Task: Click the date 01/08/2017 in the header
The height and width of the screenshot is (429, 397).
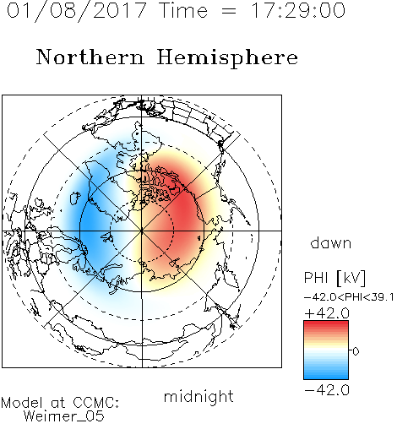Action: pos(77,11)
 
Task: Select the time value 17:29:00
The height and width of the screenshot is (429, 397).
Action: pos(297,10)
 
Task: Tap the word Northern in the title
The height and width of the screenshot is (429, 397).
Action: pos(90,57)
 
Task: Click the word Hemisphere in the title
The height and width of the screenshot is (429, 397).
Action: pos(227,58)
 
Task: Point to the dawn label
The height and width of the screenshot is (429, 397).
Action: pos(331,243)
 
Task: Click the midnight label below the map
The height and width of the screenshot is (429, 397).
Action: pos(198,397)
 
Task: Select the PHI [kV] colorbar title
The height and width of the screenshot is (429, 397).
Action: pos(334,278)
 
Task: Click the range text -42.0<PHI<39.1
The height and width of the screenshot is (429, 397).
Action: pos(349,297)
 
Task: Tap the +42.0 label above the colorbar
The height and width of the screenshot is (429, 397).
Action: pos(327,313)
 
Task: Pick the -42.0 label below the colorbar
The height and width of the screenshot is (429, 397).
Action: pos(327,390)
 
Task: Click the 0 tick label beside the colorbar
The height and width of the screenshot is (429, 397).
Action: pos(356,351)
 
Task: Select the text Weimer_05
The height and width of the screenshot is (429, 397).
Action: pos(64,416)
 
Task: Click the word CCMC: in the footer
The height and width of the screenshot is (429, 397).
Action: pos(95,403)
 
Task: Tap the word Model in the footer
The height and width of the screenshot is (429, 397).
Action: pos(22,403)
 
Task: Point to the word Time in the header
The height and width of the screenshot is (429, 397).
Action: pos(183,10)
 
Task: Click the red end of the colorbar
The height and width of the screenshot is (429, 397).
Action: pos(326,323)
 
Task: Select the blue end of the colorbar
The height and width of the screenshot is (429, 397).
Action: pos(326,377)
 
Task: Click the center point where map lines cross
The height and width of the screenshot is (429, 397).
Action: pos(142,231)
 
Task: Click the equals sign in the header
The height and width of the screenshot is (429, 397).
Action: pos(229,11)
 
